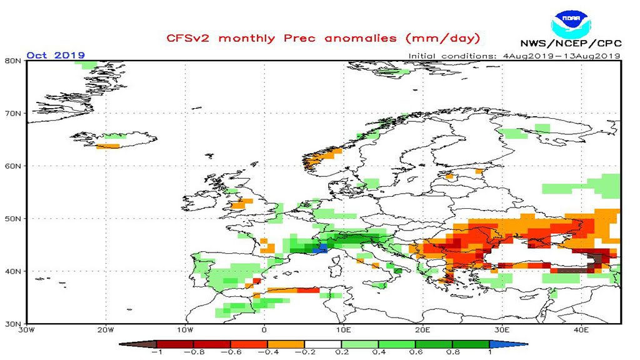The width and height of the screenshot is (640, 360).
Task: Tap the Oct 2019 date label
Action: click(56, 55)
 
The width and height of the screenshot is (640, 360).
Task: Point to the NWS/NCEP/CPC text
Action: click(570, 44)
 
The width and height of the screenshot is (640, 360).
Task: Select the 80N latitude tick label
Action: click(14, 61)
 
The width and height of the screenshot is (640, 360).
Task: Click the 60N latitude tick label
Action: click(14, 166)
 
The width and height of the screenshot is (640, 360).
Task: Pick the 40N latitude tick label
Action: click(14, 271)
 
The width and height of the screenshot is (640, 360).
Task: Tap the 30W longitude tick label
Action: click(26, 330)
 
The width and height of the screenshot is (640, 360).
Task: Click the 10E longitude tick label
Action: click(343, 330)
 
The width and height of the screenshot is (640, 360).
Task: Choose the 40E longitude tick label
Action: click(581, 330)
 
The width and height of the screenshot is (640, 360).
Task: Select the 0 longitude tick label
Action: click(264, 330)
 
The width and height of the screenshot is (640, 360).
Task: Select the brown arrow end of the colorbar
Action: click(131, 343)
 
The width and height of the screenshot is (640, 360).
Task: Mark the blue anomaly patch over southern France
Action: click(320, 248)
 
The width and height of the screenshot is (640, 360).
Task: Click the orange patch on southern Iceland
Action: click(107, 146)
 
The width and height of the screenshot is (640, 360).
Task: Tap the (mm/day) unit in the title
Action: click(442, 38)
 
